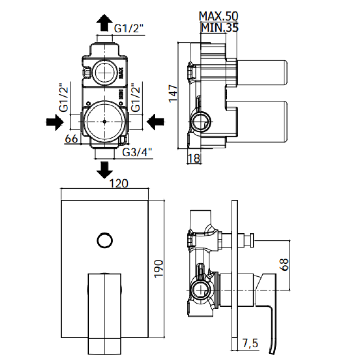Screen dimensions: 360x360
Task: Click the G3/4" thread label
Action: click(x=137, y=152)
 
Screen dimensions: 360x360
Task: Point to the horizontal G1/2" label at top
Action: click(x=130, y=29)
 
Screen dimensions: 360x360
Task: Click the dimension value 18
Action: click(x=194, y=158)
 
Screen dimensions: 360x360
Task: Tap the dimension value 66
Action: click(x=71, y=138)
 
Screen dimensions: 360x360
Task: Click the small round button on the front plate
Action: click(x=104, y=239)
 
